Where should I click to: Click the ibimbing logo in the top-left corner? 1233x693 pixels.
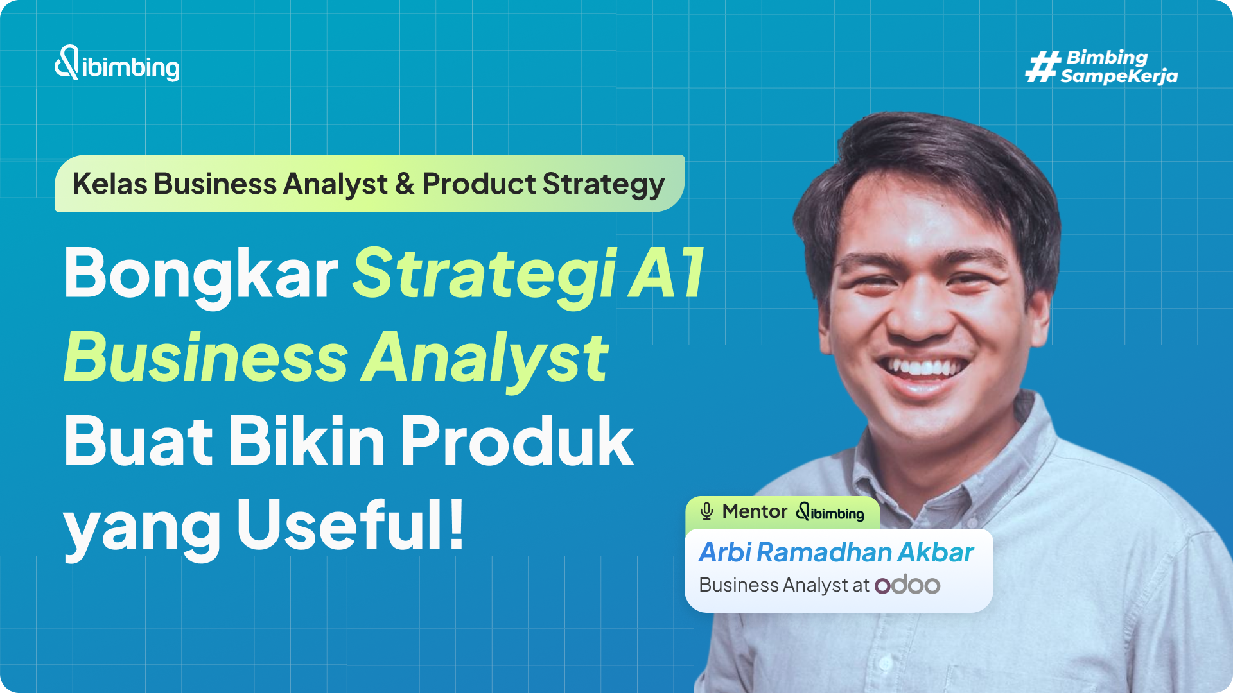pyautogui.click(x=117, y=64)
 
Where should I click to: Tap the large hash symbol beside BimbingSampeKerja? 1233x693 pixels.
pyautogui.click(x=1042, y=67)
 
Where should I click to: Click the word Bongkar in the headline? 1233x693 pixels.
pyautogui.click(x=200, y=275)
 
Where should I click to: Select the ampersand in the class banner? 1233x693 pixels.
pyautogui.click(x=405, y=184)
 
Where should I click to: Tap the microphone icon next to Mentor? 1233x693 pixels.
pyautogui.click(x=706, y=511)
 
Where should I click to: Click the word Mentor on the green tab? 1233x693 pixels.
pyautogui.click(x=755, y=511)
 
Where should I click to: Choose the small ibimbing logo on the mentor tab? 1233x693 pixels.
pyautogui.click(x=830, y=512)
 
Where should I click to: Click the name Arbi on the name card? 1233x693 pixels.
pyautogui.click(x=725, y=552)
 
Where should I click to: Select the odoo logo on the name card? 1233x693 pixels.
pyautogui.click(x=907, y=585)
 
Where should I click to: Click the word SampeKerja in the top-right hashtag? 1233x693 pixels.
pyautogui.click(x=1119, y=76)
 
